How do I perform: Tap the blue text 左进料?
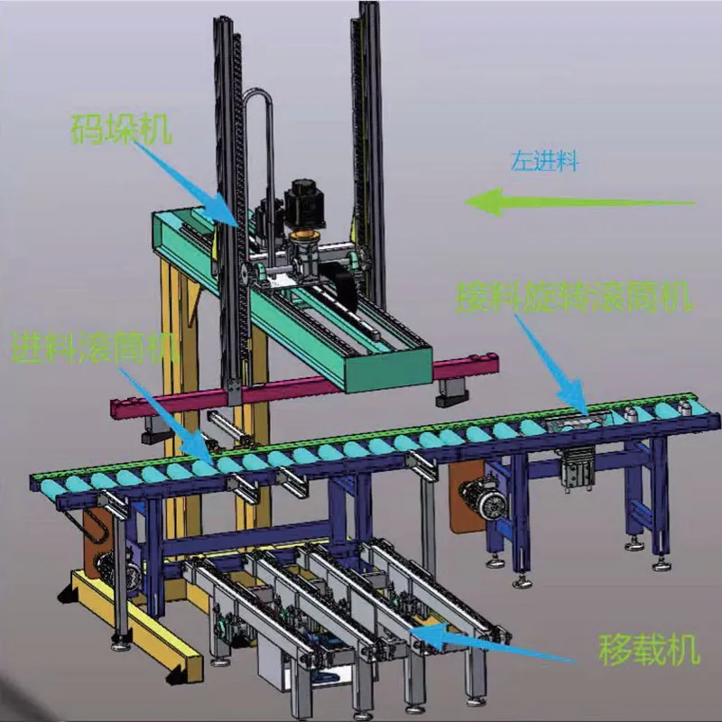(544, 162)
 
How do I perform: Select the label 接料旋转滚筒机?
(574, 297)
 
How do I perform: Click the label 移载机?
(649, 649)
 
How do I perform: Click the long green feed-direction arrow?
(579, 201)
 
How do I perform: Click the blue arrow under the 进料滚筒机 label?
(166, 414)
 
